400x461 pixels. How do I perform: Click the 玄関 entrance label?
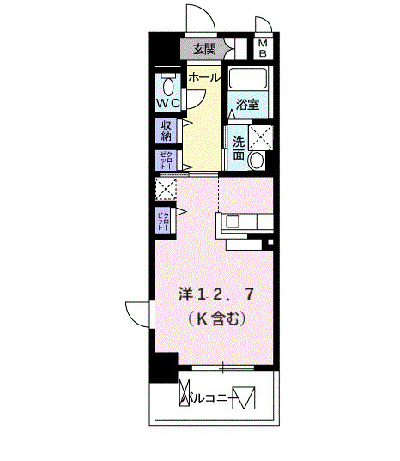[x=203, y=48]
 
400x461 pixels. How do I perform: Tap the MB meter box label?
[x=264, y=48]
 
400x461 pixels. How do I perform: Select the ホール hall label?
[x=203, y=77]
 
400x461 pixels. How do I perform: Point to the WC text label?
[x=167, y=104]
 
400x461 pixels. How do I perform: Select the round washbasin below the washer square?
[x=258, y=160]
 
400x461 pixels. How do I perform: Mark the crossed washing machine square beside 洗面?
[x=260, y=136]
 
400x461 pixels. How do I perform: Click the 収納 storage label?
[x=166, y=130]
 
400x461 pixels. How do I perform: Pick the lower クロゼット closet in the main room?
[x=164, y=221]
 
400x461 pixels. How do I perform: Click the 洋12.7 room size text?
[x=215, y=294]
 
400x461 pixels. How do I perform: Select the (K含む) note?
[x=215, y=319]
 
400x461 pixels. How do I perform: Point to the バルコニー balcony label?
[x=211, y=397]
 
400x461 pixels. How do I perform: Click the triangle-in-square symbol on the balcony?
[x=245, y=397]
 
